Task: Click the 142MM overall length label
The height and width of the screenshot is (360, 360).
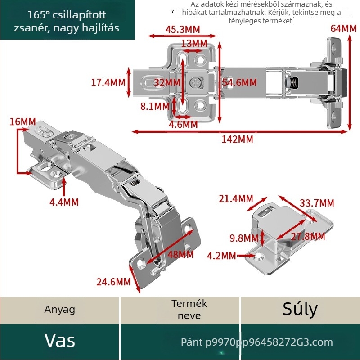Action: [237, 139]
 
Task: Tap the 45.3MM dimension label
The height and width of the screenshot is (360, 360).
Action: [183, 29]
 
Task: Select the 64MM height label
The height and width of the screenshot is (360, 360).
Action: [343, 28]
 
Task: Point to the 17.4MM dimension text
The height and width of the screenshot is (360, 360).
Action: [108, 82]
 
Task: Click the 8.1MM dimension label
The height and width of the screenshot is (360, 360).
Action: [155, 106]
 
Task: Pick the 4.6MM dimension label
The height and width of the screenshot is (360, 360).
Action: [183, 125]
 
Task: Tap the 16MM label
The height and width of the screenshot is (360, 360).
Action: [23, 121]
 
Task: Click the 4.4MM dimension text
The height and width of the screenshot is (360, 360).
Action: [64, 202]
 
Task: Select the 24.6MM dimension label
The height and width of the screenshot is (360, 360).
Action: [113, 282]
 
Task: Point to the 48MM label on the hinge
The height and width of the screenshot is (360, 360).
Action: [180, 254]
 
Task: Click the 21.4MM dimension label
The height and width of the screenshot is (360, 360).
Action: [236, 198]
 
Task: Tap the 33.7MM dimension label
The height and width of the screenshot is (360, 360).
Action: [317, 203]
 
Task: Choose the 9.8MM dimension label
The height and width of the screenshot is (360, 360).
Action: [244, 238]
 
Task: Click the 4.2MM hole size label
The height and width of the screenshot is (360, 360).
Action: [221, 256]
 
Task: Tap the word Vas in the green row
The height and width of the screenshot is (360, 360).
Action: [60, 341]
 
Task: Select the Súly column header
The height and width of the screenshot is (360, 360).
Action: [300, 309]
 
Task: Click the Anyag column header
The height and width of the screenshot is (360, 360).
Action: [60, 310]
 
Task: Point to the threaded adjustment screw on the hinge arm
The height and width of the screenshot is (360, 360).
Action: [292, 82]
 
